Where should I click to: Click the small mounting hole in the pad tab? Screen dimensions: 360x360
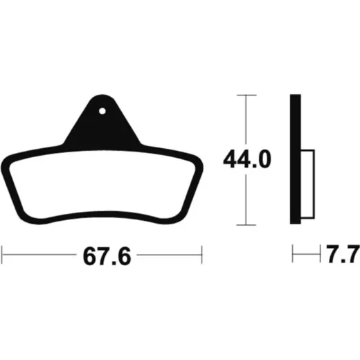point(102,111)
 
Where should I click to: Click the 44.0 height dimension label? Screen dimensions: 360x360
point(247,159)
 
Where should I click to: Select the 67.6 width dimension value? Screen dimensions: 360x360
point(107,256)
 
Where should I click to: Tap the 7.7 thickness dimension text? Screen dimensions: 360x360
point(343,254)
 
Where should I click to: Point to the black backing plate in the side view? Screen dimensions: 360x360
point(296,159)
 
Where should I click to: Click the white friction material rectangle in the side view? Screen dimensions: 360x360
point(307,184)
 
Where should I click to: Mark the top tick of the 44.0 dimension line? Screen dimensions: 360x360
point(246,95)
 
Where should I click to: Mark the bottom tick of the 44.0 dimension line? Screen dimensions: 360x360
point(246,225)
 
